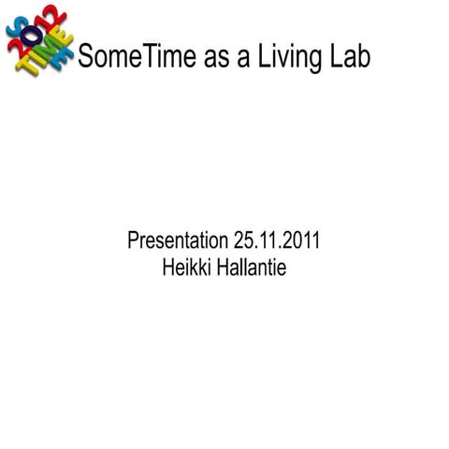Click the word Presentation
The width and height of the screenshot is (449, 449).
(x=177, y=241)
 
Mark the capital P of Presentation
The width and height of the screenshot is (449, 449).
(x=132, y=241)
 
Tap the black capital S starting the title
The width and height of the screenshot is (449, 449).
(x=87, y=57)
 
